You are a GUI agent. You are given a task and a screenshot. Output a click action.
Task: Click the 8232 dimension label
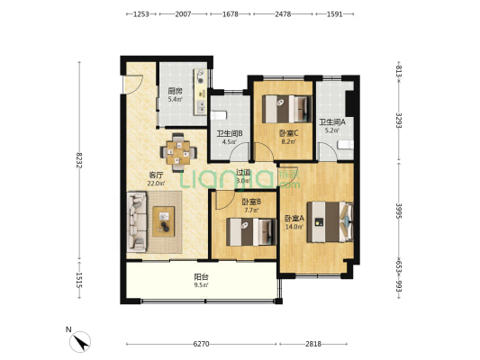point(79,160)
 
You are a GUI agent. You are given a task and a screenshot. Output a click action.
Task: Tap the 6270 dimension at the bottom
point(201,344)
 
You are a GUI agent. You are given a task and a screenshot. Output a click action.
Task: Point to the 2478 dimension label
point(283,14)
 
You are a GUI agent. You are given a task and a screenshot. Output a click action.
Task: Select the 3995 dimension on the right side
point(399,211)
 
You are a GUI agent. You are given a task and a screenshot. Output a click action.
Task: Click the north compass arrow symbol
point(80,342)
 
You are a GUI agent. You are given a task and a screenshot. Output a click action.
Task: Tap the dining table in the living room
point(178,152)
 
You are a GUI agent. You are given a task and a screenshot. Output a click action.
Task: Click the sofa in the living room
point(137,221)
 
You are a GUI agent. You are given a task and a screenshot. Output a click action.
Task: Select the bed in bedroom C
point(287,109)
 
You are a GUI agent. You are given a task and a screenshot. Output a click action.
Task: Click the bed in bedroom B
point(251,231)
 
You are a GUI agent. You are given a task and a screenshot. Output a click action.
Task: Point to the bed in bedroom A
point(331,221)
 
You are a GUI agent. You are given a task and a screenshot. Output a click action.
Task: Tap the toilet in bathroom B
point(219,115)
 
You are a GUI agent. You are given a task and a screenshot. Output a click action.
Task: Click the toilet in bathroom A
point(346,145)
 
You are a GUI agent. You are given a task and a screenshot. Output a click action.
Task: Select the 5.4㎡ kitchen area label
point(175,99)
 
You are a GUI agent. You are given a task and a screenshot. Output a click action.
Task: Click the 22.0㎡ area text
point(156,184)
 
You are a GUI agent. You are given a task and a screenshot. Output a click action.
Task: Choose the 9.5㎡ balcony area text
point(201,285)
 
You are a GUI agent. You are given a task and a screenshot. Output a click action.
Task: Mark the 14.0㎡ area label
point(294,227)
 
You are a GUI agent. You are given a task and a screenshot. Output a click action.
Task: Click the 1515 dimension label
point(79,280)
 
